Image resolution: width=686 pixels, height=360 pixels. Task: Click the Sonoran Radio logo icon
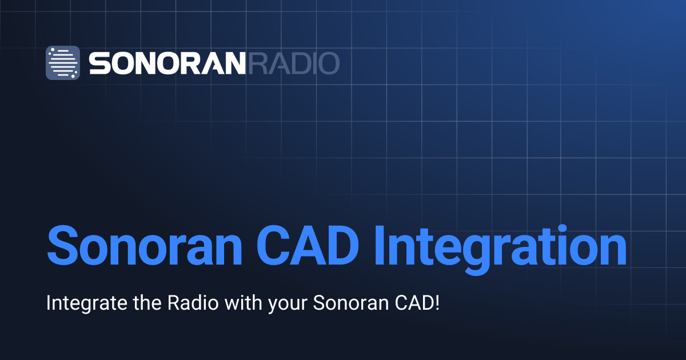(63, 62)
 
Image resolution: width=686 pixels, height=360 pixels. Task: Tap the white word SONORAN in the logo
(167, 63)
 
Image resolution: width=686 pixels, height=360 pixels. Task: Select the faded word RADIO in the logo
(293, 63)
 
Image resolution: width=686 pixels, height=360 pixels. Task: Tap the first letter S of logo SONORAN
(98, 63)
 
